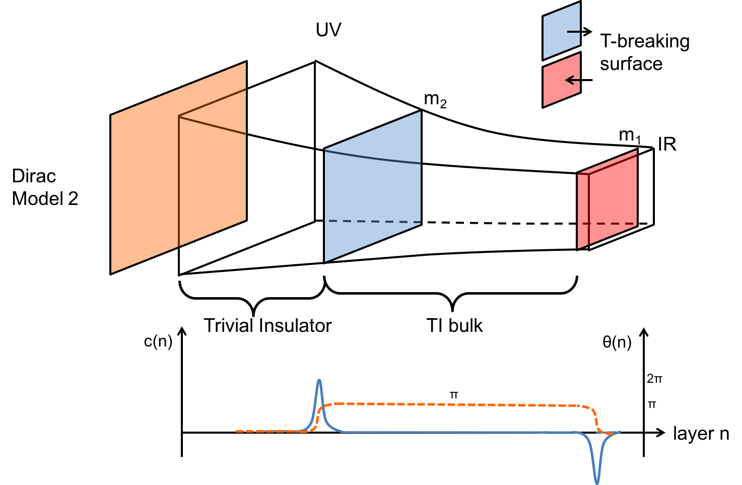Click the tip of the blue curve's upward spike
(319, 380)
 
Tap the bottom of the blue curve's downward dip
(597, 482)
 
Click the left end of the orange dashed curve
(237, 431)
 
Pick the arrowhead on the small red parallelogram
(568, 80)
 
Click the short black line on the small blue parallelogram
(573, 32)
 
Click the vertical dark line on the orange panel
(179, 181)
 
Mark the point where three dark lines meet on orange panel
(179, 116)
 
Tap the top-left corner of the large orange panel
(112, 116)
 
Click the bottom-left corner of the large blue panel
(325, 261)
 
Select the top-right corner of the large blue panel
(420, 112)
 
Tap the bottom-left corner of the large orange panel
(112, 272)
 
